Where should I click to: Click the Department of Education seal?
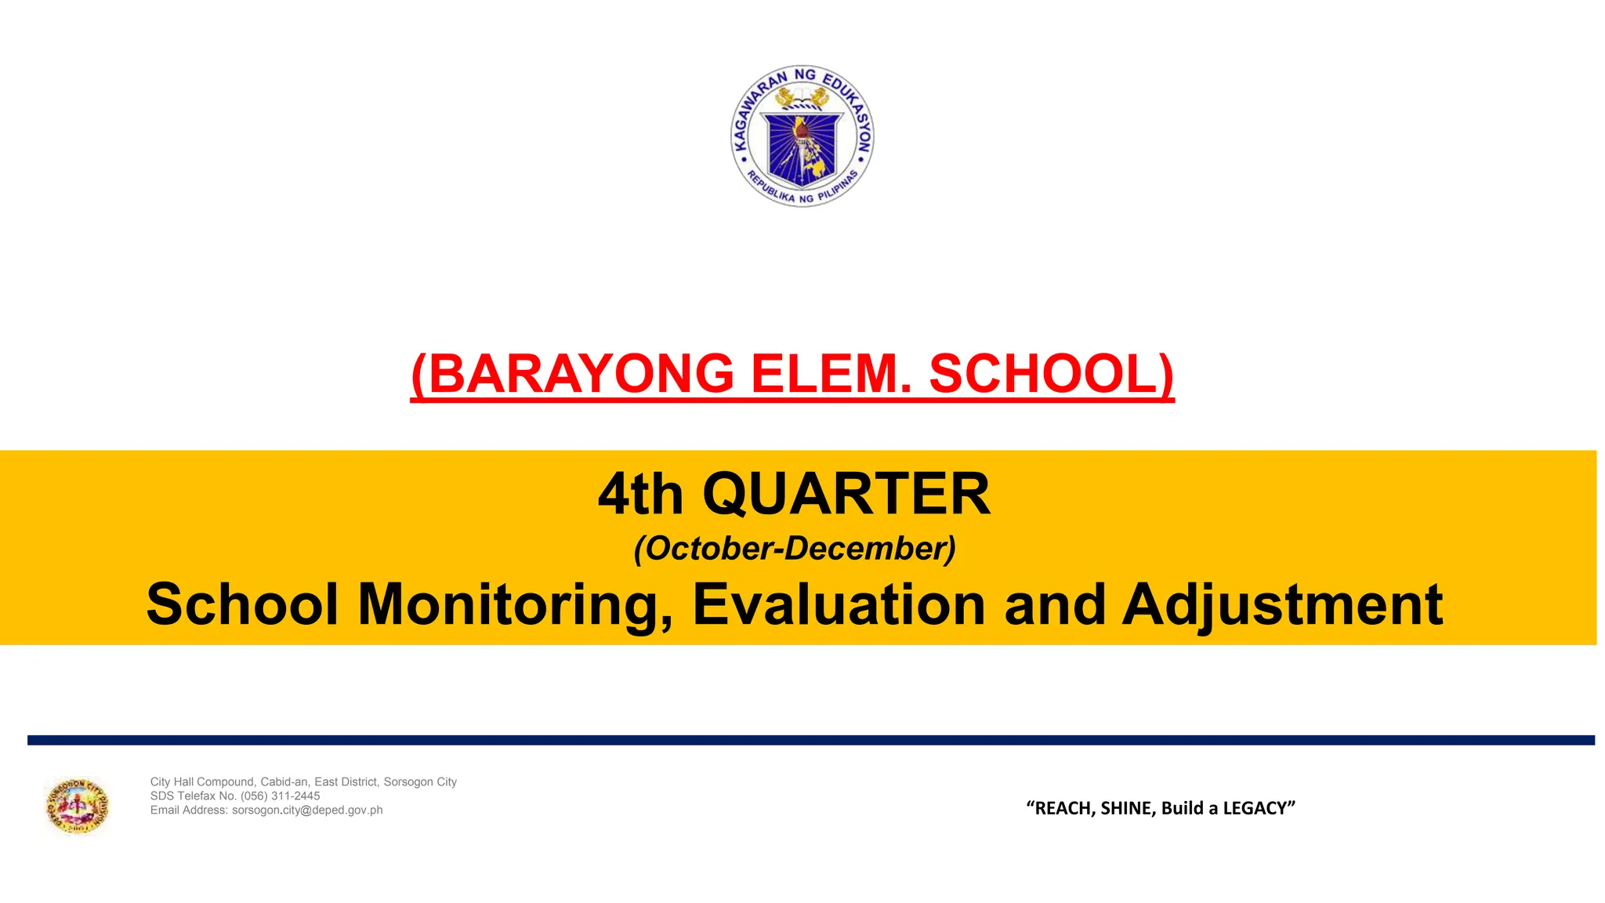pyautogui.click(x=802, y=136)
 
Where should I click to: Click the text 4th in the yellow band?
pyautogui.click(x=640, y=495)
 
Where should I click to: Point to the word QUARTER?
pyautogui.click(x=846, y=495)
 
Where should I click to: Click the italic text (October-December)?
pyautogui.click(x=795, y=548)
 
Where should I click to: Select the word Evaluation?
pyautogui.click(x=838, y=604)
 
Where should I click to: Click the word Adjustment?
pyautogui.click(x=1282, y=604)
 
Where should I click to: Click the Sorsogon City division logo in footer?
pyautogui.click(x=77, y=806)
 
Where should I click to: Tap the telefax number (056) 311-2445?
pyautogui.click(x=280, y=796)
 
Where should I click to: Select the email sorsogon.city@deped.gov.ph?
pyautogui.click(x=307, y=810)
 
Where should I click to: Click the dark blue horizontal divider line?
pyautogui.click(x=810, y=740)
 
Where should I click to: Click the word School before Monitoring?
pyautogui.click(x=242, y=604)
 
